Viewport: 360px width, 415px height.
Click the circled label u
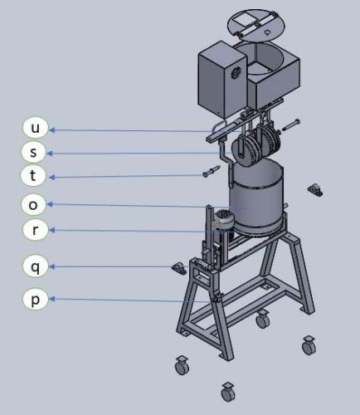[35, 128]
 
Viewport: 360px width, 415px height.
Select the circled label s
[34, 151]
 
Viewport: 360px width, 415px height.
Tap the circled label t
[33, 175]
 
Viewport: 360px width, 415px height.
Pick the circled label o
[33, 205]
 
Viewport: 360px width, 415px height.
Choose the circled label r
[36, 229]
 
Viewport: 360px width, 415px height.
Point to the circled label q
[35, 266]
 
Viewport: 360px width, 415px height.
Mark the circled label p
[35, 299]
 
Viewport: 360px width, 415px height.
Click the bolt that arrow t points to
[212, 172]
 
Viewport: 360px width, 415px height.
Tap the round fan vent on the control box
[236, 73]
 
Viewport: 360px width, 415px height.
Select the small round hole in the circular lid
[267, 32]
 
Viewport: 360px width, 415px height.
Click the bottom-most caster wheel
[228, 392]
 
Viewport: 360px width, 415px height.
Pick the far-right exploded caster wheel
[309, 345]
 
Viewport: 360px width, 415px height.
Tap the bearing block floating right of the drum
[315, 190]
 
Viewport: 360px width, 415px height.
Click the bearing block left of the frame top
[179, 268]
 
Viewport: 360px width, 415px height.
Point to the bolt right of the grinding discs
[290, 125]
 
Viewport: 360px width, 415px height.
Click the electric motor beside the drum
[223, 221]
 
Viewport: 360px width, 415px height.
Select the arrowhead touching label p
[51, 299]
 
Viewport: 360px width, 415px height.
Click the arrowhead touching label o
[49, 204]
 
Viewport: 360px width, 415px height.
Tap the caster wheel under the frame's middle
[262, 319]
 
